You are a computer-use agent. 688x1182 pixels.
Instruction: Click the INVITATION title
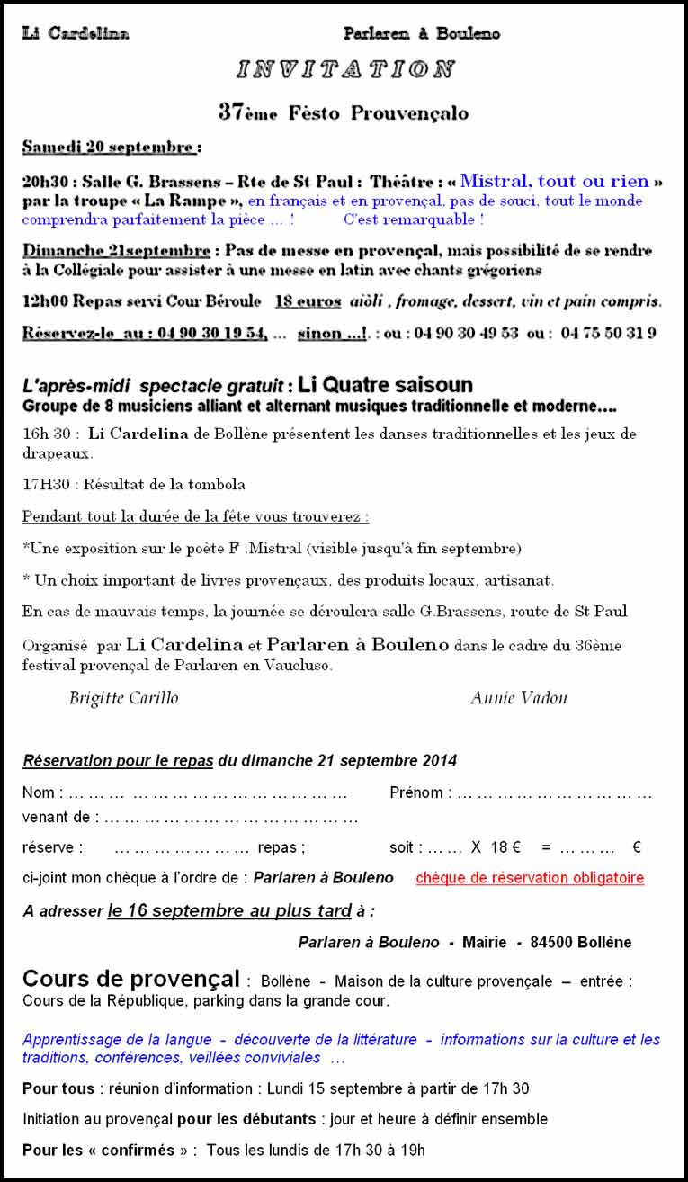click(345, 69)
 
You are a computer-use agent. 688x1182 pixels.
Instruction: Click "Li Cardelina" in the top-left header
click(76, 34)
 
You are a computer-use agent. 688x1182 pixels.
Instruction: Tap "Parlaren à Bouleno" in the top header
click(421, 34)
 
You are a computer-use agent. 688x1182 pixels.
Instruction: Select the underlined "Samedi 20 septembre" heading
click(108, 147)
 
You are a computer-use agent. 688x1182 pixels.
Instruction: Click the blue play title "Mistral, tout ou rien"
click(555, 181)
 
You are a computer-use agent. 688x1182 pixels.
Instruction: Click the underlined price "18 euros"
click(308, 301)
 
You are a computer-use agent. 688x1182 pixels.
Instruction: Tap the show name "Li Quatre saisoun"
click(385, 385)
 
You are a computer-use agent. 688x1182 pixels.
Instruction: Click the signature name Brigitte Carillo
click(123, 698)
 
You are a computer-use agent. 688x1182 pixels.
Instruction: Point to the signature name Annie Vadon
click(518, 698)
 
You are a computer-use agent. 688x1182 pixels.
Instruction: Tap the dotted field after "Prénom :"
click(555, 793)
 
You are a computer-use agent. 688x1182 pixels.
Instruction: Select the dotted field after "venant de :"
click(231, 818)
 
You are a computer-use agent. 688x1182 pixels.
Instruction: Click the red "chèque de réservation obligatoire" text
click(530, 878)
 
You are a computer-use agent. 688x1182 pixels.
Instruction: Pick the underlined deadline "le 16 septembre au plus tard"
click(228, 910)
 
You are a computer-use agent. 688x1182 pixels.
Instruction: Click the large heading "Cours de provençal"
click(131, 979)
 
